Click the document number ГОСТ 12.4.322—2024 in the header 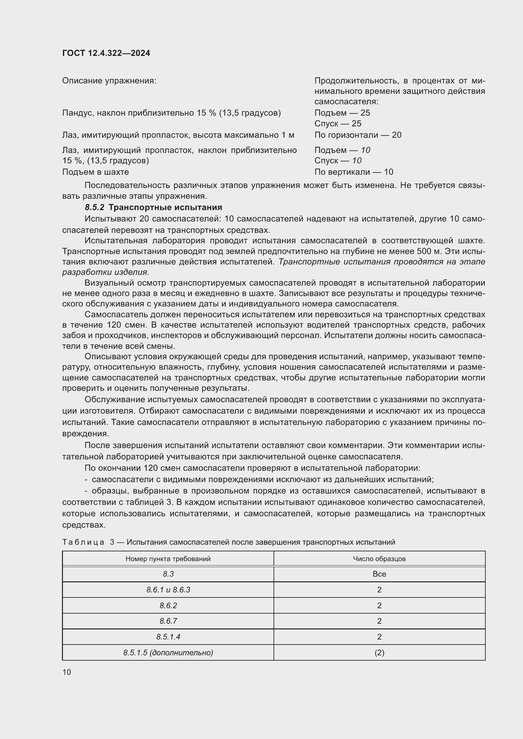(x=106, y=53)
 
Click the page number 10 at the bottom (x=67, y=672)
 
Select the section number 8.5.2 (x=94, y=207)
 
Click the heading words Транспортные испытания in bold (x=165, y=207)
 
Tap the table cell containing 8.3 (x=168, y=574)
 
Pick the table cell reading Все (x=379, y=574)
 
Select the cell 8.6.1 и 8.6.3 (x=168, y=590)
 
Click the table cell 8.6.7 (x=168, y=621)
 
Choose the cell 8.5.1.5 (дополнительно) (x=168, y=652)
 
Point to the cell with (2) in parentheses (x=379, y=652)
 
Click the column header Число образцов (x=379, y=559)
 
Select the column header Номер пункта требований (x=168, y=559)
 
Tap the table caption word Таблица (x=83, y=542)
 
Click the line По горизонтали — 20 (x=358, y=135)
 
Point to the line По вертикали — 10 (x=354, y=172)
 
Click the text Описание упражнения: (x=109, y=81)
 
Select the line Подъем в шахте (x=95, y=172)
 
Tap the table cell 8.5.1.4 (x=168, y=637)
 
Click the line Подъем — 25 (x=342, y=113)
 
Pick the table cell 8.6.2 (x=168, y=605)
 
